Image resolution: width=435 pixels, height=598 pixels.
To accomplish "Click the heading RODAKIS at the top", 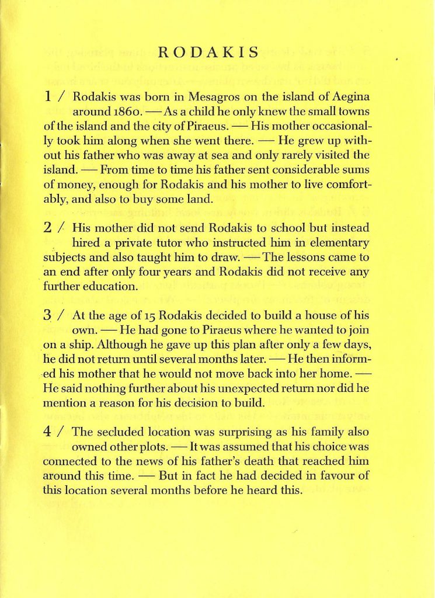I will tap(208, 53).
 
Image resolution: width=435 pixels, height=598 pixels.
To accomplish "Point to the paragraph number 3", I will tap(49, 315).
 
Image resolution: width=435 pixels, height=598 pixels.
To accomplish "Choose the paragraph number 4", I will tap(49, 432).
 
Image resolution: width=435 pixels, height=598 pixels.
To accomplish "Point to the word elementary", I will tap(343, 242).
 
